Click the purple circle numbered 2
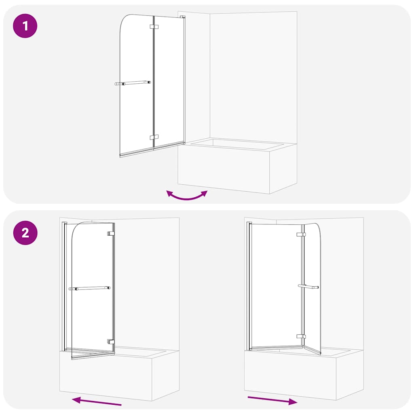tap(25, 233)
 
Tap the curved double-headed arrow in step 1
tap(187, 196)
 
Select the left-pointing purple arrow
tap(97, 401)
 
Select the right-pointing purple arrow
tap(272, 400)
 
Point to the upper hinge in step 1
tap(154, 27)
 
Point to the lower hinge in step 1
tap(154, 137)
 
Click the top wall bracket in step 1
tap(183, 17)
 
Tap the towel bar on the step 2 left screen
tap(89, 289)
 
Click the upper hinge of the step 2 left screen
tap(111, 233)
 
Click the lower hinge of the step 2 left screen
tap(111, 342)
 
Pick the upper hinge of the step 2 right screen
tap(300, 234)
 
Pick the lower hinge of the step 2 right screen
tap(300, 336)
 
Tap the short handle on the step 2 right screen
tap(308, 287)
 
